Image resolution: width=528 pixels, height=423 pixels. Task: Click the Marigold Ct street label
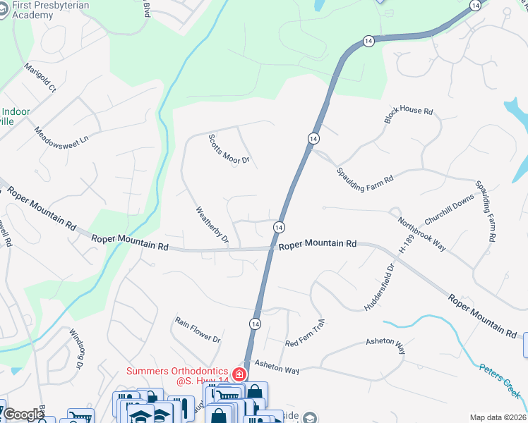(x=40, y=78)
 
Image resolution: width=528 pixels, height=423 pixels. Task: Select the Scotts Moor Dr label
(x=229, y=149)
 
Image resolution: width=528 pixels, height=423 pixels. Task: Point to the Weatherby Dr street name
(x=212, y=224)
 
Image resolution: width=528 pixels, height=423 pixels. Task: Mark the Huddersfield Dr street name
(x=378, y=287)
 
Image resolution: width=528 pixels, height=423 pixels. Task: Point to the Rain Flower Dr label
(x=198, y=329)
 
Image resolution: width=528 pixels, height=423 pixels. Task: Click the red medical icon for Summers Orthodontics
(x=239, y=374)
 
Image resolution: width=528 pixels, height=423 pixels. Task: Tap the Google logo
(x=23, y=415)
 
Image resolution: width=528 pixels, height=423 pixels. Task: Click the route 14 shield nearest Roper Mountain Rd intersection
(x=280, y=227)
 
